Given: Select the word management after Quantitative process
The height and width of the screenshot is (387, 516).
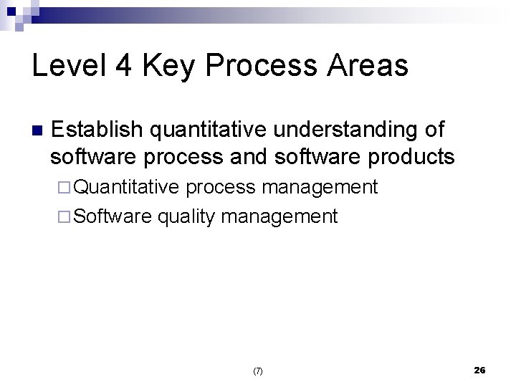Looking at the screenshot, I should tap(320, 188).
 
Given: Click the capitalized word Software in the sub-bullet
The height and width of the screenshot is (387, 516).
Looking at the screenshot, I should tap(113, 216).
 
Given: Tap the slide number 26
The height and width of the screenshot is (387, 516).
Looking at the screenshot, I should tap(480, 370).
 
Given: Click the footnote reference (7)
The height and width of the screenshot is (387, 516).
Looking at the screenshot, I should tap(258, 371).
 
